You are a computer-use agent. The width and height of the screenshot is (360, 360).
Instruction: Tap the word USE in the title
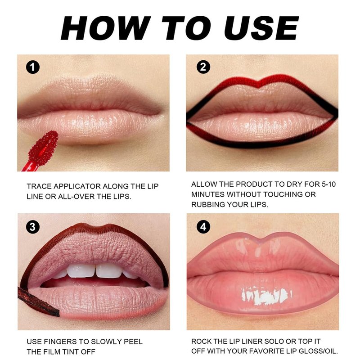261,28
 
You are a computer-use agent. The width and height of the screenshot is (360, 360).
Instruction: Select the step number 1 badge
32,67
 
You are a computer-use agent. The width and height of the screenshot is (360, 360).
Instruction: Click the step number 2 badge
203,67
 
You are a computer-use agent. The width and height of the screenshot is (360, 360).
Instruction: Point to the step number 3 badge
32,227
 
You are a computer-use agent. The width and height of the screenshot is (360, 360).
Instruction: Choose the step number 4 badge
203,227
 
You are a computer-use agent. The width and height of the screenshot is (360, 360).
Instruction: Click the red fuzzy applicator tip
43,148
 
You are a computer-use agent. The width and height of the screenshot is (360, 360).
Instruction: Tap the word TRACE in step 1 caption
39,186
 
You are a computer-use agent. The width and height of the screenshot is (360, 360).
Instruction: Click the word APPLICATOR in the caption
77,186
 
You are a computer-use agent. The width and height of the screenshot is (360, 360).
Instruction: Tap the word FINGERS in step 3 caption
60,342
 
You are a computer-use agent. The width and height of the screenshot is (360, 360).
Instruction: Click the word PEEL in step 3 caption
133,342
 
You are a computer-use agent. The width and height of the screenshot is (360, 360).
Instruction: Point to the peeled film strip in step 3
38,301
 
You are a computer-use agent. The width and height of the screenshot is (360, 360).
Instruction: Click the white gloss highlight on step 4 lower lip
266,296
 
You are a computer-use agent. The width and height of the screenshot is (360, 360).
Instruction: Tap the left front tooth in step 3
81,271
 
